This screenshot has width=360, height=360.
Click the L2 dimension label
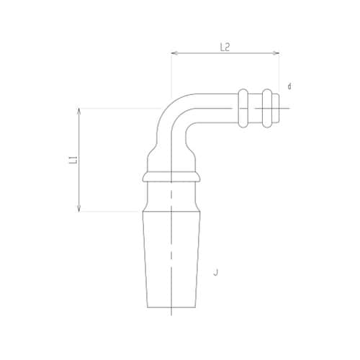pos(225,48)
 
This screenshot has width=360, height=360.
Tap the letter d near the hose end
pos(289,86)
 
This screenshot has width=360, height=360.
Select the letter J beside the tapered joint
pos(216,272)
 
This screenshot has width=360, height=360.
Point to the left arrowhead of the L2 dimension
pos(174,53)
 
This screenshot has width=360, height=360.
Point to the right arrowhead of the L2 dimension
pos(276,53)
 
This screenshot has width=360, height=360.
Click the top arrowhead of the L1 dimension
pos(79,111)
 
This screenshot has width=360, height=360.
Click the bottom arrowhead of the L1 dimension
pos(79,209)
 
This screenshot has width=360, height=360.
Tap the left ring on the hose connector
pos(243,108)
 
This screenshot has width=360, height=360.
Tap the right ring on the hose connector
pos(267,108)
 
